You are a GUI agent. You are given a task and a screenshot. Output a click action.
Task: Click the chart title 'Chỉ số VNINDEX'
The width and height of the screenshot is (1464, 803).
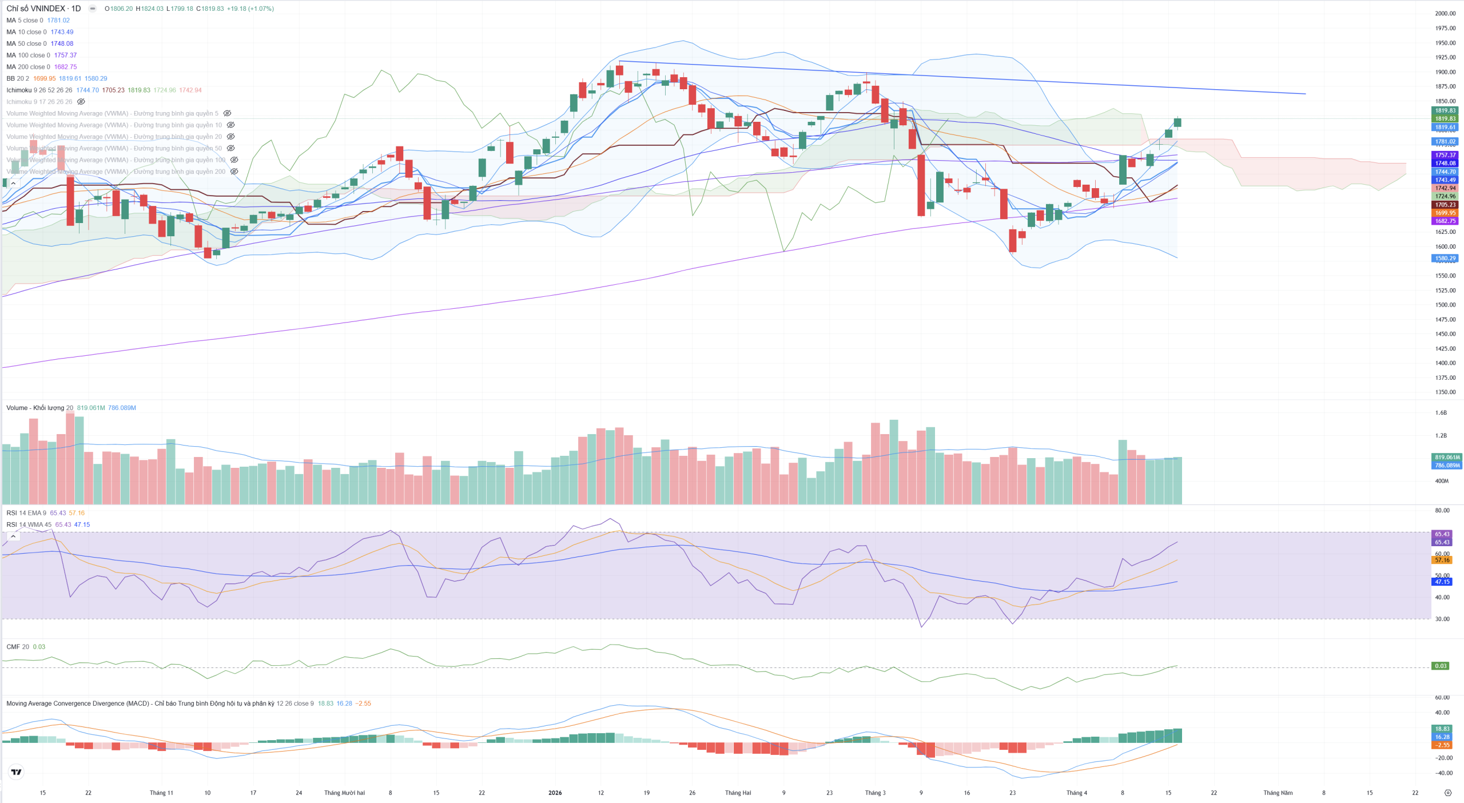(35, 9)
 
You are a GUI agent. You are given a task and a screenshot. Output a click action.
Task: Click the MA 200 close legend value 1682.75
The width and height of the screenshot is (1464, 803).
(65, 67)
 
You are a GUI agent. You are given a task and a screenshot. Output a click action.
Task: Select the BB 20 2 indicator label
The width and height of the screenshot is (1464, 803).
(18, 78)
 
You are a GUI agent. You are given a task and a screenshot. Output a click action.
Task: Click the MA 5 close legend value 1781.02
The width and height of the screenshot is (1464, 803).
(58, 21)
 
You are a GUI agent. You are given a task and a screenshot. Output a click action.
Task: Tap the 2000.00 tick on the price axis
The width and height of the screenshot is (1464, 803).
(1445, 13)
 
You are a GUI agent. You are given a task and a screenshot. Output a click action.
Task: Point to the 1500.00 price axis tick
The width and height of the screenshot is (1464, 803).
(1445, 305)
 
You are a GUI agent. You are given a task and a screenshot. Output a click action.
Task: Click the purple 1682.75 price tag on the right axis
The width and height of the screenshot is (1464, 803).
(1445, 221)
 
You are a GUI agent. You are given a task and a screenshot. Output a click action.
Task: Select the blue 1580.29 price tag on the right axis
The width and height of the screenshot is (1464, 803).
(1445, 259)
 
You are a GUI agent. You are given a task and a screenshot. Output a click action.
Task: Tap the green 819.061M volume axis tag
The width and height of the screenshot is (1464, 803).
(1447, 458)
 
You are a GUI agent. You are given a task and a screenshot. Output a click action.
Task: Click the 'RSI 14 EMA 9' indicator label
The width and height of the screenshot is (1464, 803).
(26, 513)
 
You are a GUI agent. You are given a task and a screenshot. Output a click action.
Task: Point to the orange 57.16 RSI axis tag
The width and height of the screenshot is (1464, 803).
(1442, 560)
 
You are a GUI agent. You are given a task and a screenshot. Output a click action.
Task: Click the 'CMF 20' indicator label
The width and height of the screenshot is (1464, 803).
(18, 647)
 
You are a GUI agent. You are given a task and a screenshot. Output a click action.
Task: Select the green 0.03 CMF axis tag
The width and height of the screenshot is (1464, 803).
(1441, 666)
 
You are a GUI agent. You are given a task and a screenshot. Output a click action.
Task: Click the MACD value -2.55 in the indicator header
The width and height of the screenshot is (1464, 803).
(363, 703)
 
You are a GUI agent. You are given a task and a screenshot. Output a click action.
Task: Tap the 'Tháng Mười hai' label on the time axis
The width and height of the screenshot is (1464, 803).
(344, 793)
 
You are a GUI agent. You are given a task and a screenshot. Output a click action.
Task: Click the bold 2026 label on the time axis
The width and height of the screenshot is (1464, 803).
(555, 793)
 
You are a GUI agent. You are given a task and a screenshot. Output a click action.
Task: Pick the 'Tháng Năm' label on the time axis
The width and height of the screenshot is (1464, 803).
(1278, 793)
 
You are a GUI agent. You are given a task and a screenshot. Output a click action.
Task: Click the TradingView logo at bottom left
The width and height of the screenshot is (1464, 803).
(17, 772)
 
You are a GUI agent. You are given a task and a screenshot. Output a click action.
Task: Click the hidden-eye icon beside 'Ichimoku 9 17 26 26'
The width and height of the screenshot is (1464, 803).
(81, 102)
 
